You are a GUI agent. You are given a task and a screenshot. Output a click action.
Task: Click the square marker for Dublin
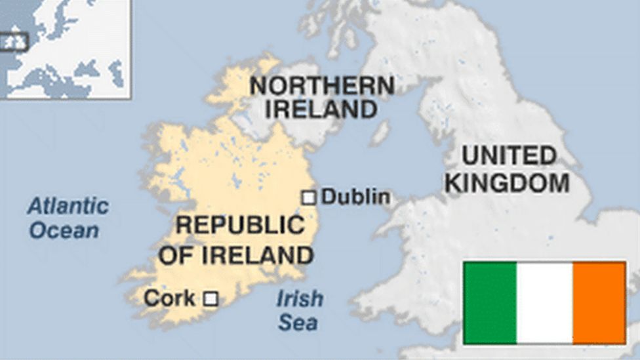click(x=308, y=197)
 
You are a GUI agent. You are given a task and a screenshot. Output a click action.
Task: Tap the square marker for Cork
click(x=210, y=299)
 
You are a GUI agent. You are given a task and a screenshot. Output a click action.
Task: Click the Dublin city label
click(x=356, y=197)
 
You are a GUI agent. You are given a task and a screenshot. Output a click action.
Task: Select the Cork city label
click(x=169, y=298)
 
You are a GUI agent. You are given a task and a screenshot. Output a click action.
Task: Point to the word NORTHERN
click(x=322, y=86)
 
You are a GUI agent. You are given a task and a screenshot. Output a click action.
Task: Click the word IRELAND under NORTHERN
click(x=321, y=109)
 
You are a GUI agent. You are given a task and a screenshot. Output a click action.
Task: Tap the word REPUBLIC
click(x=240, y=225)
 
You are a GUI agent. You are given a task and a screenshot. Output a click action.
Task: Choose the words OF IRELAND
click(x=235, y=254)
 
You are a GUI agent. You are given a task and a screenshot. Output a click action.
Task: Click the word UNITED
click(x=509, y=156)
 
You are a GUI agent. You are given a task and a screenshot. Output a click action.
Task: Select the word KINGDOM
click(x=507, y=183)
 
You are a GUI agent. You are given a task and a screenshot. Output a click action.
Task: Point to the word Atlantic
click(x=68, y=207)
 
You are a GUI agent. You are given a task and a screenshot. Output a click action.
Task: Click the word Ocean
click(x=64, y=231)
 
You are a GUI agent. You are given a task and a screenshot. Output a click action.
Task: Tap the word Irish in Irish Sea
click(x=300, y=299)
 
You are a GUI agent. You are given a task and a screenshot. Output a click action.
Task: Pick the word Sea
click(x=298, y=323)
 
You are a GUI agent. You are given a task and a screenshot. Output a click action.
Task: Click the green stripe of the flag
click(x=490, y=302)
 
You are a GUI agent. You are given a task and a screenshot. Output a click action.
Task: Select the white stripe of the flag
click(x=544, y=302)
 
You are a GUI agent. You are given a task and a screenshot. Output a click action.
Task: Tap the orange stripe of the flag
click(x=599, y=302)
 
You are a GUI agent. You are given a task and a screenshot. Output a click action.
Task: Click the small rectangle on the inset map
click(x=14, y=42)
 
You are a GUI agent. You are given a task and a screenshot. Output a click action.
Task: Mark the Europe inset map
click(x=65, y=49)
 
